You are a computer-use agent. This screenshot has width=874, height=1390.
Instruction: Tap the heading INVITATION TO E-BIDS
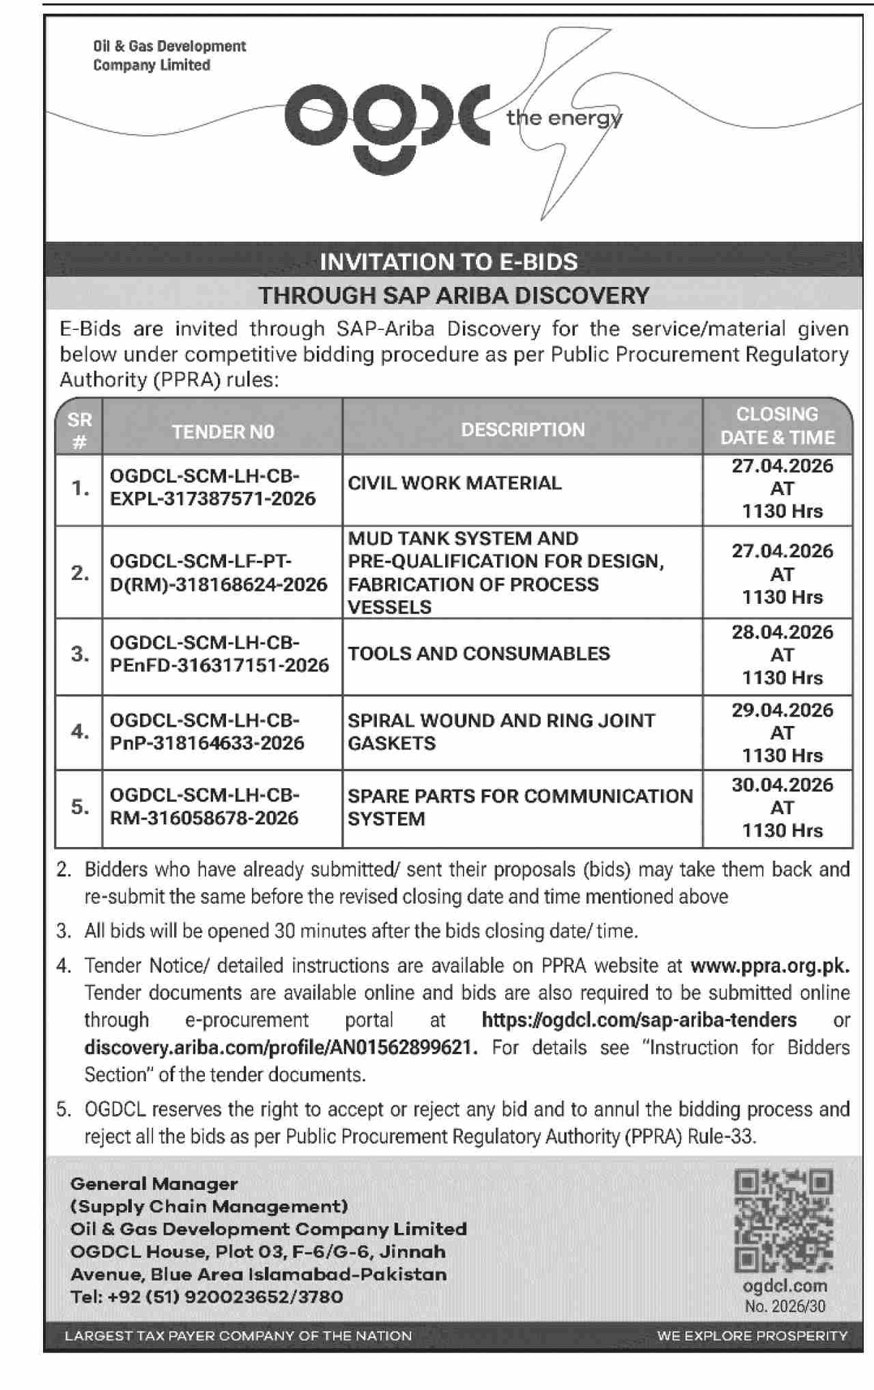[449, 262]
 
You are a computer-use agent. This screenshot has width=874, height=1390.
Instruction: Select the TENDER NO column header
[223, 432]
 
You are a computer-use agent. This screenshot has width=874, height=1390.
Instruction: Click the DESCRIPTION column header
[522, 430]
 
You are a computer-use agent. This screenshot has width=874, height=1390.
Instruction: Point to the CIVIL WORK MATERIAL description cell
[454, 483]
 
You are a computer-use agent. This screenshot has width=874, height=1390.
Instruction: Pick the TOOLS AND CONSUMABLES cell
[479, 654]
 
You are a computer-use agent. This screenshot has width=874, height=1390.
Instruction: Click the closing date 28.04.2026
[782, 632]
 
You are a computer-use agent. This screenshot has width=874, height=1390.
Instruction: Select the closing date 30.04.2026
[782, 785]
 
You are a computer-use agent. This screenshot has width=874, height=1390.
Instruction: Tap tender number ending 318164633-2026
[207, 743]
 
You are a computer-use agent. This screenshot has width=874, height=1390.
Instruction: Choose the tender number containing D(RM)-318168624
[218, 585]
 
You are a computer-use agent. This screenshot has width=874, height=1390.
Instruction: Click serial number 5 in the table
[80, 807]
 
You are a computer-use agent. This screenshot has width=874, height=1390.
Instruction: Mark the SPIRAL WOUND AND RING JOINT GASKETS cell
[501, 732]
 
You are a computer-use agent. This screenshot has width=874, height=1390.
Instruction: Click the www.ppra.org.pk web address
[770, 966]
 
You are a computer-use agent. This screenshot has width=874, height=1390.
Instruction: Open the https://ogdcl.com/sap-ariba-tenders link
[638, 1020]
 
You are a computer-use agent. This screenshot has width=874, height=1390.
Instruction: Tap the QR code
[783, 1221]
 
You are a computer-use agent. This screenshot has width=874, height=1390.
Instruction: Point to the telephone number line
[206, 1296]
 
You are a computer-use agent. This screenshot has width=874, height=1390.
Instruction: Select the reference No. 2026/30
[785, 1307]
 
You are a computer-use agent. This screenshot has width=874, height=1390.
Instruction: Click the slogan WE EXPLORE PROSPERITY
[752, 1335]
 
